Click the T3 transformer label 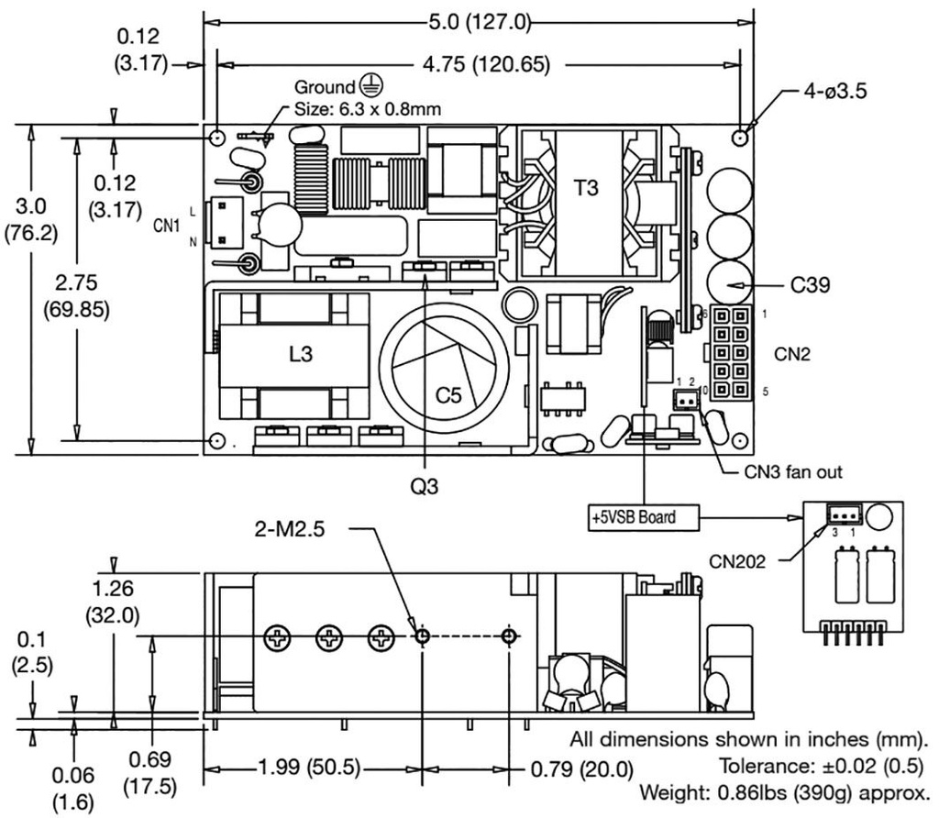pos(586,188)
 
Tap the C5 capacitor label pos(448,395)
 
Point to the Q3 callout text pos(425,487)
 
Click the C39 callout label pos(812,286)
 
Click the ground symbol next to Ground pos(369,87)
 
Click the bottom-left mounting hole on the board pos(217,441)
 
